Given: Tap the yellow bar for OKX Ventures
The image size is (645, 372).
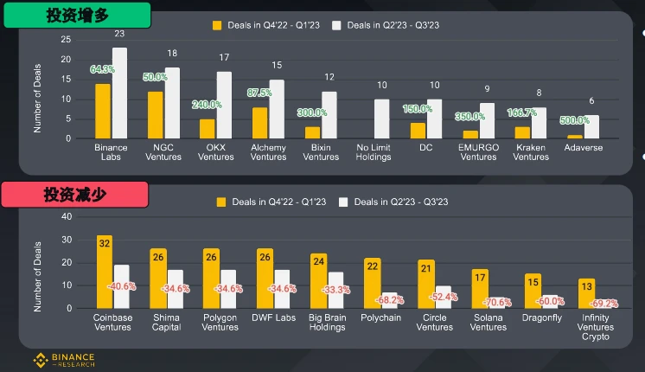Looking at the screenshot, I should (x=208, y=128).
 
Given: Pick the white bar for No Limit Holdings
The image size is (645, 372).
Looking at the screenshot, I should (x=381, y=119).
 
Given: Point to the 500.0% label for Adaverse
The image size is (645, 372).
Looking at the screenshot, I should (x=575, y=120).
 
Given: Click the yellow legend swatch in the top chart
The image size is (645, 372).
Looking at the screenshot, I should (x=217, y=26).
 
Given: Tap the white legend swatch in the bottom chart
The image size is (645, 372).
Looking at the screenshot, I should (x=343, y=202).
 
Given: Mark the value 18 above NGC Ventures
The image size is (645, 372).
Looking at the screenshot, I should (x=172, y=54).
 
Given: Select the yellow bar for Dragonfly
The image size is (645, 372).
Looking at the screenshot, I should (x=533, y=291).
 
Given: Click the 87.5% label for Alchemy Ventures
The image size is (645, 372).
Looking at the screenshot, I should (x=259, y=92).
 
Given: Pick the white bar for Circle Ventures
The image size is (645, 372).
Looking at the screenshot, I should (x=442, y=297).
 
